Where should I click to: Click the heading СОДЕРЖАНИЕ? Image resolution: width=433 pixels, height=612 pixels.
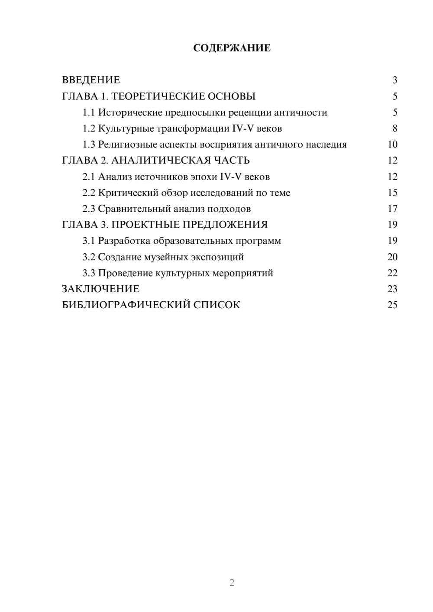(x=232, y=48)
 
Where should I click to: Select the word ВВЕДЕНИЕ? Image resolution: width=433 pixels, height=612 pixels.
(x=91, y=80)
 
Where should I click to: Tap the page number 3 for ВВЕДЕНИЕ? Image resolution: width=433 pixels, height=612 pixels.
(x=394, y=80)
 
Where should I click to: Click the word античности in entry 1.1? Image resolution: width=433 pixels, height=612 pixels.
(x=301, y=113)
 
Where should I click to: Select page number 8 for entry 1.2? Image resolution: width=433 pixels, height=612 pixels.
(x=394, y=129)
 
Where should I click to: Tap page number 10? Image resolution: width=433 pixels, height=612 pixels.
(x=392, y=145)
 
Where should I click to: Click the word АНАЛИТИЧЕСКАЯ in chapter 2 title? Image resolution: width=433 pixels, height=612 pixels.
(x=160, y=161)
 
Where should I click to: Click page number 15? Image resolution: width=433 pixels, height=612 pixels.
(x=392, y=193)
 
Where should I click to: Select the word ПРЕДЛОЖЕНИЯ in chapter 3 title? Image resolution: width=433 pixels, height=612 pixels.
(x=225, y=225)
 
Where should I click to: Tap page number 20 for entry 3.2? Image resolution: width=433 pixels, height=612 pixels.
(x=392, y=257)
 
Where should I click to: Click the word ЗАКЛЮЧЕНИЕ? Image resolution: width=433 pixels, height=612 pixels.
(x=100, y=289)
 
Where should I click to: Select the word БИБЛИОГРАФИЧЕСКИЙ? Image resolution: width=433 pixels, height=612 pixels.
(x=126, y=305)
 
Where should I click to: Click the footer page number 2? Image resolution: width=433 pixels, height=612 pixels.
(x=232, y=583)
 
